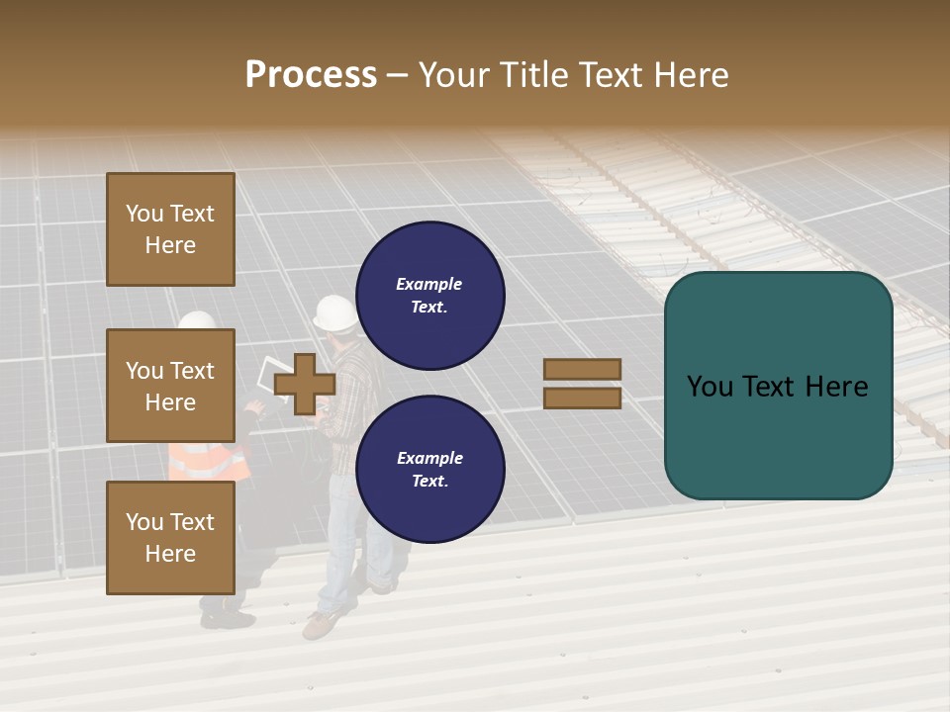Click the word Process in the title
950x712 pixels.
[x=311, y=74]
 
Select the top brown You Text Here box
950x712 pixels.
[x=170, y=229]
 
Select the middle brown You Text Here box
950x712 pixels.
[x=170, y=386]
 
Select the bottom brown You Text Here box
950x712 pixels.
[x=170, y=537]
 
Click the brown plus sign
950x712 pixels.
[x=305, y=384]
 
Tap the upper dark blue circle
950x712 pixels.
[x=430, y=295]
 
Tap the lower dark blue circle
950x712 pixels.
[x=430, y=469]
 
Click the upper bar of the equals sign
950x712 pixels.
[x=582, y=369]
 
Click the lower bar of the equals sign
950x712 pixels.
[x=582, y=398]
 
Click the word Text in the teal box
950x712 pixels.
[x=778, y=387]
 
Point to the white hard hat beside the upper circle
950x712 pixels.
[x=334, y=313]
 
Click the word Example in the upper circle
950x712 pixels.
[x=428, y=284]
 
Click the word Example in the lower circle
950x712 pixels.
[x=429, y=458]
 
